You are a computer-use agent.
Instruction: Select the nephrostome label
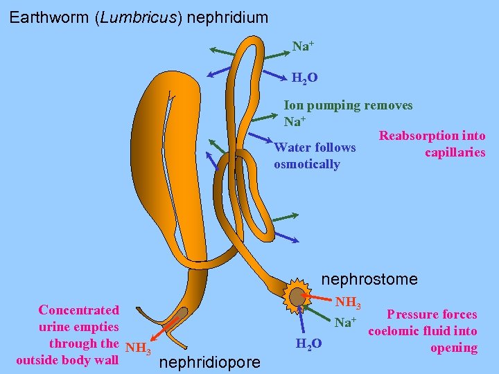coord(370,279)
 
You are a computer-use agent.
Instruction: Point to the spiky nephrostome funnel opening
coord(299,296)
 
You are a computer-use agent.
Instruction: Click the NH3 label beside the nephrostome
coord(349,303)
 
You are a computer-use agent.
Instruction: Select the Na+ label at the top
coord(303,46)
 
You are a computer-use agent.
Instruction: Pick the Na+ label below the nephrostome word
coord(345,322)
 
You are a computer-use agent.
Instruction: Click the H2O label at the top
coord(305,78)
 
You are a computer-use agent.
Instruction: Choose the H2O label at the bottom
coord(308,344)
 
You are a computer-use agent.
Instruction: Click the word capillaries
coord(455,152)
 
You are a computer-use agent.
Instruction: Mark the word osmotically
coord(306,164)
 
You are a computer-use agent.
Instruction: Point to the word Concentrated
coord(78,310)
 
